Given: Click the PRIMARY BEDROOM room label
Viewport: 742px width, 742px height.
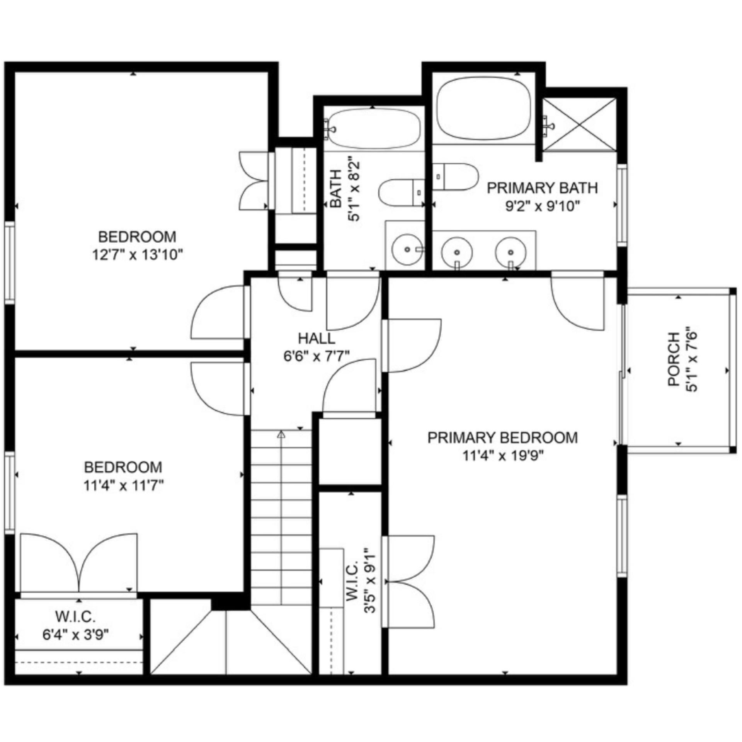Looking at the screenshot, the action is click(503, 438).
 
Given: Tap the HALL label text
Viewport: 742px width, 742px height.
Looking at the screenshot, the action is click(317, 339).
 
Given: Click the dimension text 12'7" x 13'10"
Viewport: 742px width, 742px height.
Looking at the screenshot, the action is click(137, 255).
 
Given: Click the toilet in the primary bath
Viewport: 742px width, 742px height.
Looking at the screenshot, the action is click(455, 177).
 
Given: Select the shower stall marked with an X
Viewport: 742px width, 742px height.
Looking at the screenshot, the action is click(580, 124).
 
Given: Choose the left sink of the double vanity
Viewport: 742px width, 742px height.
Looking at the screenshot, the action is click(457, 252).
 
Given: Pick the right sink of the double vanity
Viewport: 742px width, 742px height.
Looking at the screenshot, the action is click(511, 252).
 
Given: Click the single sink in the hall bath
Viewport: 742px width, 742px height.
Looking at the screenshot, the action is click(407, 250).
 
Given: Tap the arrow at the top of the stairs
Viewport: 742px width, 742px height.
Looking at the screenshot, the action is click(281, 434).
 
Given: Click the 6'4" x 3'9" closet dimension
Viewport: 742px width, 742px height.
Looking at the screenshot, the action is click(75, 635).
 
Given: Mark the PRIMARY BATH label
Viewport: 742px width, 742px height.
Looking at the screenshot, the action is click(542, 188).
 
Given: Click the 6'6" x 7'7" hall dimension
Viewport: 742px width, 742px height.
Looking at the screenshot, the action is click(317, 356).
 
